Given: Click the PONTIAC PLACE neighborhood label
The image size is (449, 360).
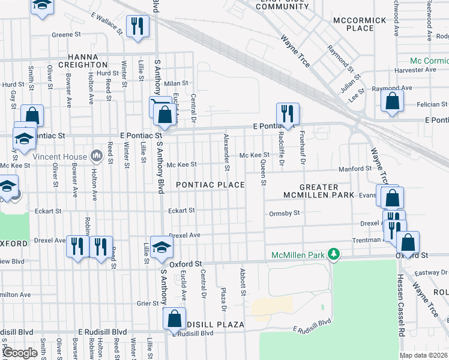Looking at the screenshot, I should coord(209,185).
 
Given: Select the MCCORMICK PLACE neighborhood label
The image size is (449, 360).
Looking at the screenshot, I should coord(360,24).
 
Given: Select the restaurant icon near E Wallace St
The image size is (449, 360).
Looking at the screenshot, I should coord(137,26).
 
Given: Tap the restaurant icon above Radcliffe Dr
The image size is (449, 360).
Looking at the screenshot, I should coord(288,113).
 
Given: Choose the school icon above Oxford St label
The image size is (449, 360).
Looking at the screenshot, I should coord(161,247).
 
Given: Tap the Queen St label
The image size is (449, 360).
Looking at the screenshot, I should coord(263,172).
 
